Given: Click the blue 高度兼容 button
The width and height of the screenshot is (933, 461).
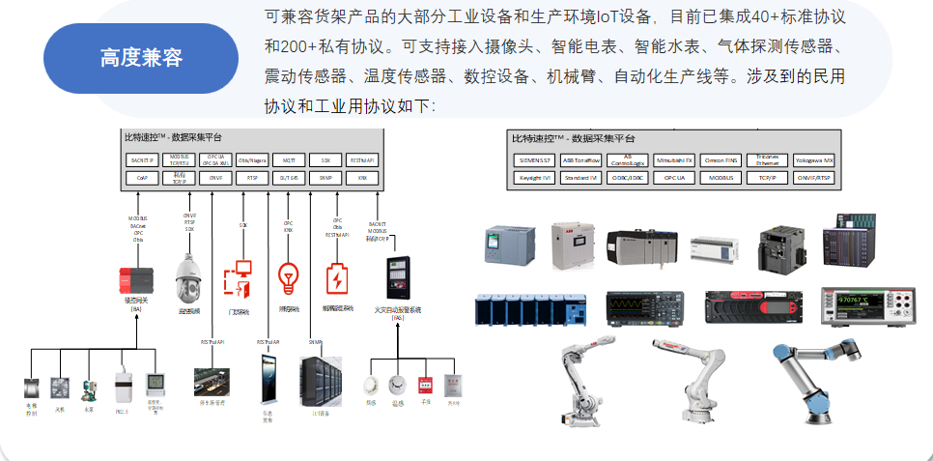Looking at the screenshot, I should click(141, 58).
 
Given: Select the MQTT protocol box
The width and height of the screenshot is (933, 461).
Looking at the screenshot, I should click(288, 159).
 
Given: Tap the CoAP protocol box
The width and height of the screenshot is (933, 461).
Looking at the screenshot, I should click(142, 178).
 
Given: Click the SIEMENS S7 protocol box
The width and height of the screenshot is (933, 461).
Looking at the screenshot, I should click(535, 159).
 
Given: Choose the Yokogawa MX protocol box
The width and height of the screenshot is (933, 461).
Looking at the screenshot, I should click(814, 159).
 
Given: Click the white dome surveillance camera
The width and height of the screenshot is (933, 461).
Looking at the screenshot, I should click(189, 279).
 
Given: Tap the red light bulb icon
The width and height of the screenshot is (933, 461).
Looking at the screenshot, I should click(288, 277).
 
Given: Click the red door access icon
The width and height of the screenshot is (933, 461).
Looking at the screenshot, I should click(238, 277).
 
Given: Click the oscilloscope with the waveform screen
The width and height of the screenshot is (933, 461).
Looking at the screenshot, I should click(640, 306).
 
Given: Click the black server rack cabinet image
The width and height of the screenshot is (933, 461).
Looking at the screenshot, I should click(323, 385).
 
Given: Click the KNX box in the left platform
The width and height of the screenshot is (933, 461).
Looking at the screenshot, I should click(361, 178).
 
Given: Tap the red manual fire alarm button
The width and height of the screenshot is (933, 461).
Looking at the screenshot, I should click(423, 385).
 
